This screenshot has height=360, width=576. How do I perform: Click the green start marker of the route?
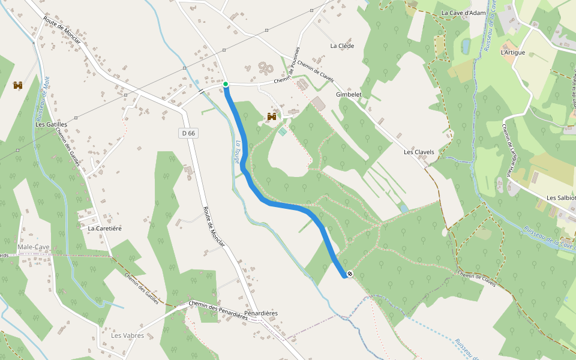click(226, 85)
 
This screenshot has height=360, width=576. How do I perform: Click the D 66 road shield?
click(188, 133)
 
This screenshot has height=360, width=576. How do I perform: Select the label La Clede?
click(342, 46)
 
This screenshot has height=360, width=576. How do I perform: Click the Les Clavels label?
click(419, 152)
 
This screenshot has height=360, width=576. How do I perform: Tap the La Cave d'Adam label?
click(463, 13)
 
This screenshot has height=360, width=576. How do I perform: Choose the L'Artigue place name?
click(512, 53)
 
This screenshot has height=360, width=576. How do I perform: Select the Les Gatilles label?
click(50, 124)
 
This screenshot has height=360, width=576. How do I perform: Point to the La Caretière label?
click(105, 229)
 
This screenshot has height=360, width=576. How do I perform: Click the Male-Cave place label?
click(34, 247)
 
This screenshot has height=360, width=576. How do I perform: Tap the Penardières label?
click(261, 314)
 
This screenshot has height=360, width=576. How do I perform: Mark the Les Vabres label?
click(127, 335)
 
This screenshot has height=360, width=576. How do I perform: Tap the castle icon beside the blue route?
click(271, 116)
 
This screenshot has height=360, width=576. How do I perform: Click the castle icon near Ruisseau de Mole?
click(17, 85)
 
